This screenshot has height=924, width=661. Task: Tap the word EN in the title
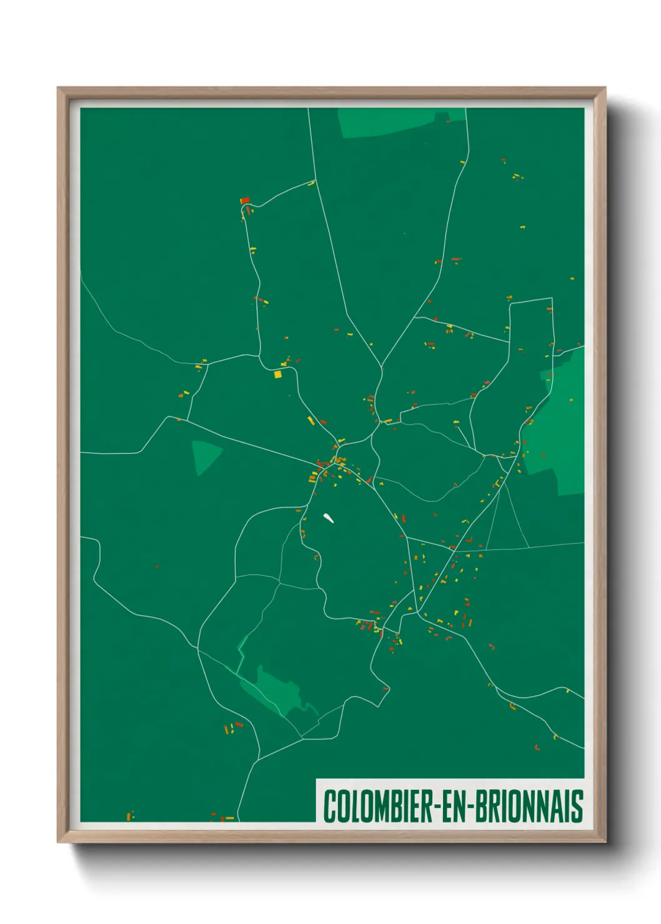(454, 806)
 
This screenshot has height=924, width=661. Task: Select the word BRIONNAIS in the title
(529, 806)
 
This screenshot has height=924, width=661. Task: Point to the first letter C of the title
(329, 806)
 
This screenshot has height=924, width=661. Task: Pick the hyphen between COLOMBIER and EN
(438, 807)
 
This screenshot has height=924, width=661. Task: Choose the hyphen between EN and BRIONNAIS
(470, 807)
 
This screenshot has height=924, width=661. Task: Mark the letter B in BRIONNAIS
(482, 806)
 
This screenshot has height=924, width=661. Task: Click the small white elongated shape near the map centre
(329, 518)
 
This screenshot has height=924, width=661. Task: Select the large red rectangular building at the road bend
(245, 200)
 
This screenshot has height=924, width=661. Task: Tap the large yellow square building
(277, 375)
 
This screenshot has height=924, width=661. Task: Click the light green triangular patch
(205, 455)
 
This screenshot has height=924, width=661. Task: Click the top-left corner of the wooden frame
(58, 88)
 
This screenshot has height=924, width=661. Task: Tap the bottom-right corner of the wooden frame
(605, 842)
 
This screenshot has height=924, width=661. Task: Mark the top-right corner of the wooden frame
(605, 88)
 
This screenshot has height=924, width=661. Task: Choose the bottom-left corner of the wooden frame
(58, 842)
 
